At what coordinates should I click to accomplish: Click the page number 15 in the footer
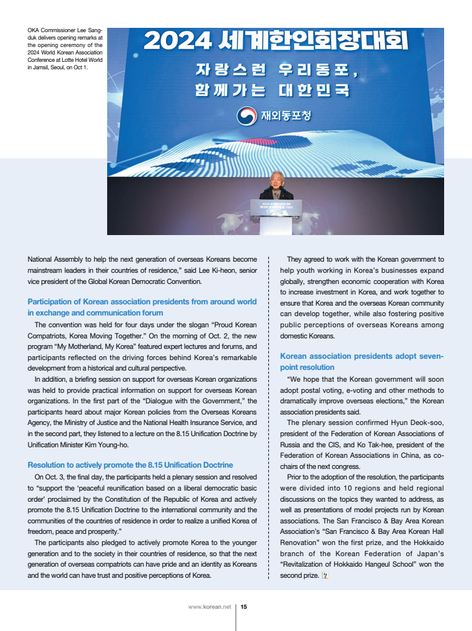click(244, 607)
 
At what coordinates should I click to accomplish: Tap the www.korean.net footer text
click(209, 607)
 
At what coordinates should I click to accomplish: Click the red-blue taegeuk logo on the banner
click(247, 116)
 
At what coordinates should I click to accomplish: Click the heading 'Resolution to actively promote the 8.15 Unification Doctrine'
click(130, 465)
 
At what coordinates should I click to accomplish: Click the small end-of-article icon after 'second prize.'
click(325, 575)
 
